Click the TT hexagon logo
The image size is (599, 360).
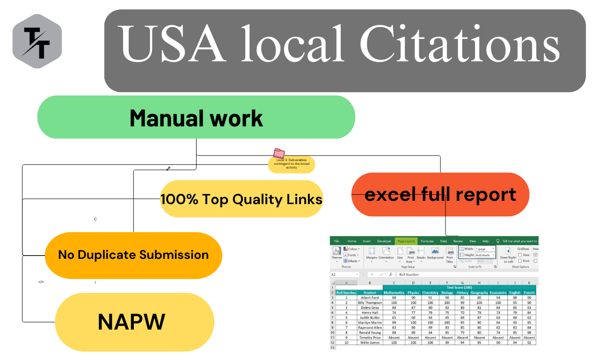37,41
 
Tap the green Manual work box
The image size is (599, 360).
196,118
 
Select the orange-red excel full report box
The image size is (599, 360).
440,194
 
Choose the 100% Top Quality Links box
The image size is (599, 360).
241,199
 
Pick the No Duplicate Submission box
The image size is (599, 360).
133,255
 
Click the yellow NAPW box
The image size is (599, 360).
134,322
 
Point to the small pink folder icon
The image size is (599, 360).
279,153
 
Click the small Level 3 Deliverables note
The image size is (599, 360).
292,164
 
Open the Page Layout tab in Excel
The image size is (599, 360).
406,241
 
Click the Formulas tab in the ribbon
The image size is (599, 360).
427,241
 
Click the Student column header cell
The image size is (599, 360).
370,293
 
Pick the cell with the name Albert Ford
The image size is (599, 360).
370,298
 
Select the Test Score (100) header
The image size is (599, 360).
459,287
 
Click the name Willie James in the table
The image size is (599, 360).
370,343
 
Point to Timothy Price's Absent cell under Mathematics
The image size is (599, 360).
394,338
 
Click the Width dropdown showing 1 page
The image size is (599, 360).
485,249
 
